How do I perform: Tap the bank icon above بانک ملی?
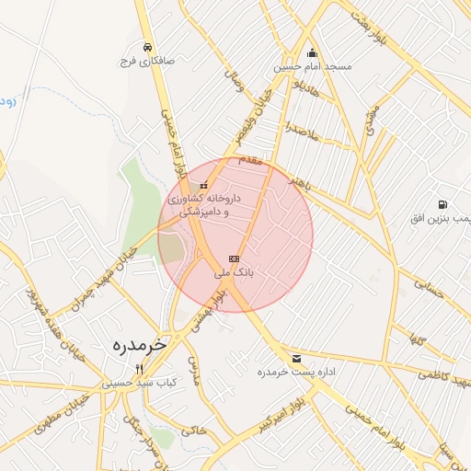(x=233, y=259)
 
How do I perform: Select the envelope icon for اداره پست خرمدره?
(x=295, y=358)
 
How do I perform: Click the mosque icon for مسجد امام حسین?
(x=312, y=52)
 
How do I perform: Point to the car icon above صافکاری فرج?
(x=147, y=47)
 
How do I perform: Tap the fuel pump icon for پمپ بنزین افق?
(x=443, y=204)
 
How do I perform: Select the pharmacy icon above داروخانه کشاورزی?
(x=203, y=185)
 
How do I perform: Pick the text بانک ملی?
(x=233, y=273)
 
